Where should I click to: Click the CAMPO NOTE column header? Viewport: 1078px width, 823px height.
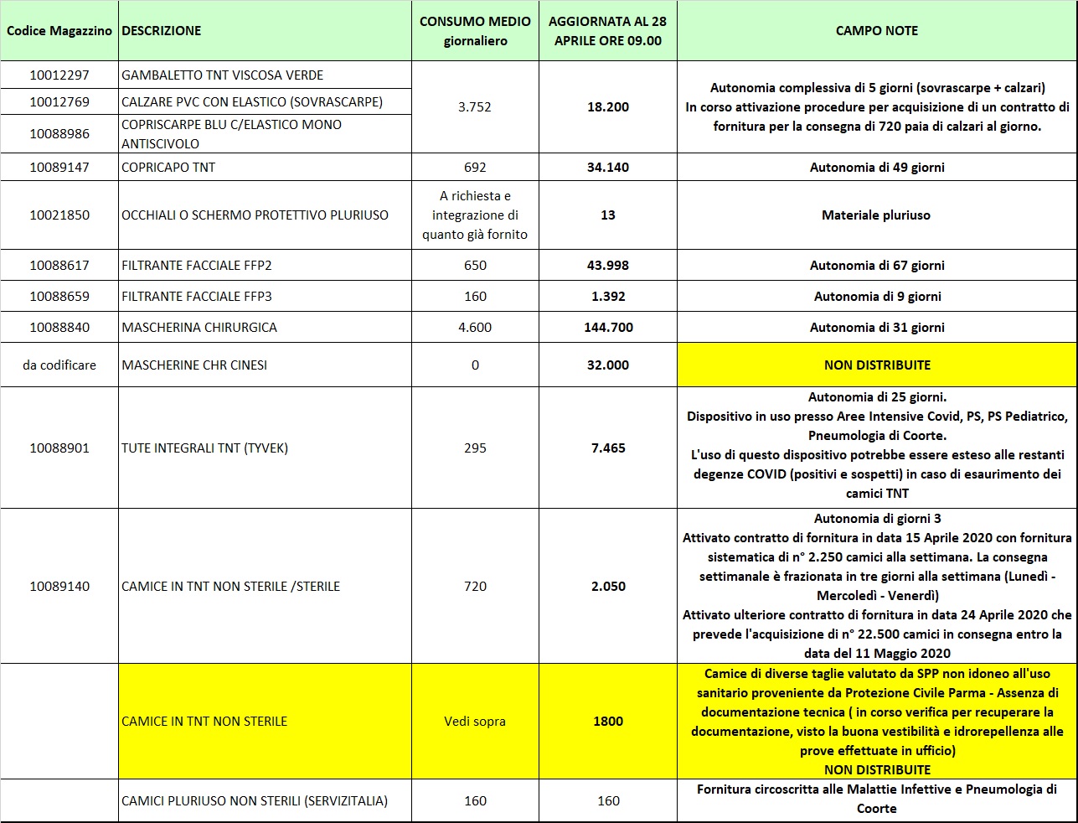tap(876, 31)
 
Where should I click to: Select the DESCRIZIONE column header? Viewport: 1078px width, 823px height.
tap(162, 31)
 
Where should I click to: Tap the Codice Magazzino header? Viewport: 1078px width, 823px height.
tap(59, 31)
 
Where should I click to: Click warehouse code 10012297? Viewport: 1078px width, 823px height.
tap(59, 75)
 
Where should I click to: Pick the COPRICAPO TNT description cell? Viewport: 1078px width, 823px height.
tap(168, 167)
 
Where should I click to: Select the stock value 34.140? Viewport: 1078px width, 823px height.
tap(607, 167)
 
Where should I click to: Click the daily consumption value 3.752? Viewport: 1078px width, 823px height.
tap(475, 106)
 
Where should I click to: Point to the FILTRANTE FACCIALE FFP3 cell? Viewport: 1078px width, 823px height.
tap(197, 296)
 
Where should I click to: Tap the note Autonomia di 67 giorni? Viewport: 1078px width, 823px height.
tap(876, 266)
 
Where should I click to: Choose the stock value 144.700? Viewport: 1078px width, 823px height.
tap(607, 327)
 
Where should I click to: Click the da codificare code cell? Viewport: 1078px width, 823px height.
tap(59, 365)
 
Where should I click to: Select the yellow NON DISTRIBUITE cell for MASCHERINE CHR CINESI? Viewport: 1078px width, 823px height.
tap(876, 365)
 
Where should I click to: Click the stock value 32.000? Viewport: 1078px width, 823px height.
tap(607, 365)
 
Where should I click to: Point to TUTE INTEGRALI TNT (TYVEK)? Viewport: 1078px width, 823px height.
tap(204, 448)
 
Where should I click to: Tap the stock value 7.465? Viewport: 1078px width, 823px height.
tap(607, 448)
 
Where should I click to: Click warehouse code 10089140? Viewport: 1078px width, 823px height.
tap(59, 586)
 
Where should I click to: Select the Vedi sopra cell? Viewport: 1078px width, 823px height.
tap(475, 721)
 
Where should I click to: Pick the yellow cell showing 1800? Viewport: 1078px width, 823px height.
tap(607, 721)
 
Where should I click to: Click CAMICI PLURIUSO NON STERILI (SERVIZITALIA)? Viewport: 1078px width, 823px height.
tap(255, 800)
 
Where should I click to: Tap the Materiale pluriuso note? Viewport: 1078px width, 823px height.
tap(876, 215)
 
